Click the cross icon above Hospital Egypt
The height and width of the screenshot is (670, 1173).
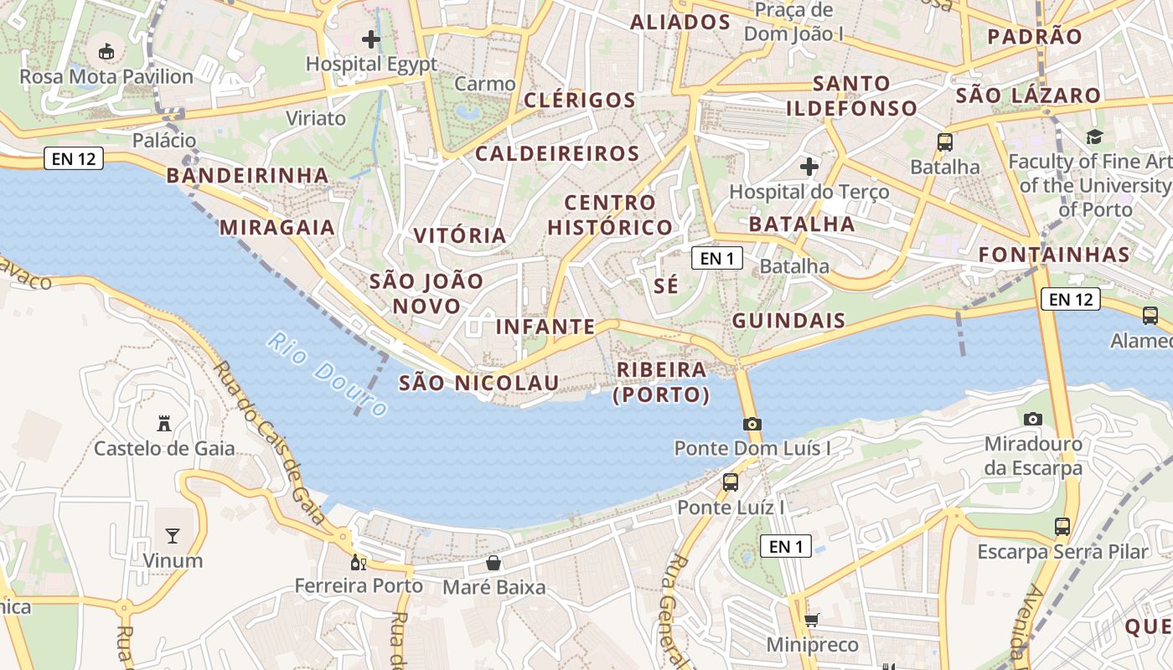coord(371,39)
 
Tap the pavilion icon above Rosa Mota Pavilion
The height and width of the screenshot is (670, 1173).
coord(106,52)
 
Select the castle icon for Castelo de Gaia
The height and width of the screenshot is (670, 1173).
coord(164,424)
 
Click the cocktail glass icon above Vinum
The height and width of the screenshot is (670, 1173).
coord(173,536)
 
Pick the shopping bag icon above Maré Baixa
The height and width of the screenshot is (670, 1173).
coord(493,563)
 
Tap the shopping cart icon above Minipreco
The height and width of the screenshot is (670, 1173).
coord(811,621)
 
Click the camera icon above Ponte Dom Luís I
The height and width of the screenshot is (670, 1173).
coord(752,424)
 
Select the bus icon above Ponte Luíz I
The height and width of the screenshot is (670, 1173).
coord(731,482)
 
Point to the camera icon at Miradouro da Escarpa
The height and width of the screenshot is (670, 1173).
coord(1033,419)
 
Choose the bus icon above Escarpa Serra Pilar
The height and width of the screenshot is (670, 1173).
coord(1062,527)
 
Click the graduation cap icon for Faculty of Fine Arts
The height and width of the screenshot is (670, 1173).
coord(1094,137)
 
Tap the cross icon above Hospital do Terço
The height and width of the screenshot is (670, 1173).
coord(809,167)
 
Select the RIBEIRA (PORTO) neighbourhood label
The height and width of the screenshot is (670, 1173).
coord(661,382)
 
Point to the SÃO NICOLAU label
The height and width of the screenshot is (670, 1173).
coord(478,383)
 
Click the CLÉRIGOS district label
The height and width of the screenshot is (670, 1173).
coord(580,100)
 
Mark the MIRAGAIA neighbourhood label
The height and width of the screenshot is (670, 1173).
coord(277,227)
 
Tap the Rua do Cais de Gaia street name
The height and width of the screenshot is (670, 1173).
coord(269,441)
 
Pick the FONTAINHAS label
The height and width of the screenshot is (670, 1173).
coord(1054,255)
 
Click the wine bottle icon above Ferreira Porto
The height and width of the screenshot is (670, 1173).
coord(359,563)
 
